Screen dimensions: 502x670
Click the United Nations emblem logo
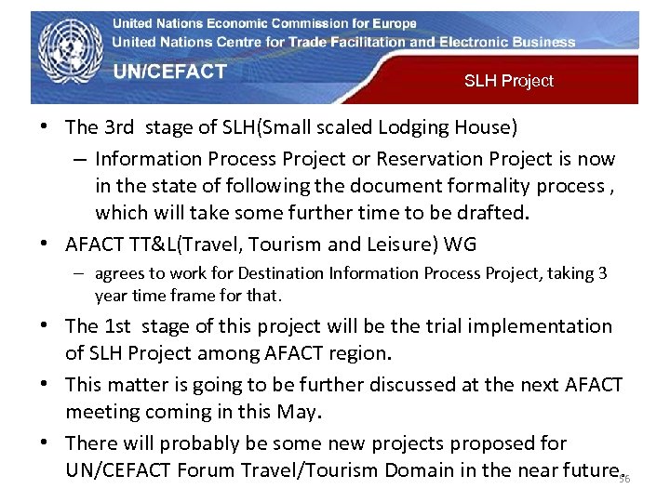[67, 55]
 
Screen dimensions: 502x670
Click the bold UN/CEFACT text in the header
[170, 72]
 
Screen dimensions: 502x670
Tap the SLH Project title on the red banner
[508, 81]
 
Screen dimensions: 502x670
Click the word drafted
[494, 213]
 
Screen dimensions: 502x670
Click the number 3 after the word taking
[602, 273]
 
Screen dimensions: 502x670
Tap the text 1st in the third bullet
[117, 326]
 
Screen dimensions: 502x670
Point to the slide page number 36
[624, 479]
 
